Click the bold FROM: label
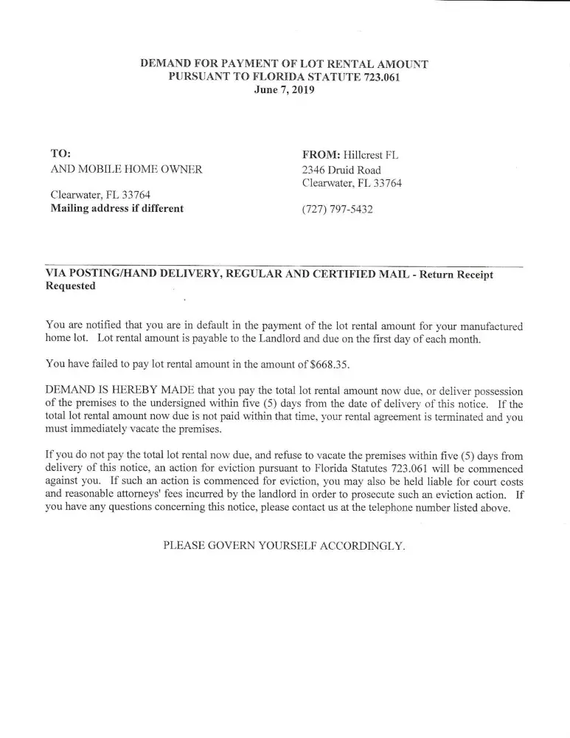pyautogui.click(x=320, y=155)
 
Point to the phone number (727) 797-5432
pyautogui.click(x=337, y=209)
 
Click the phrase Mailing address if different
pyautogui.click(x=117, y=208)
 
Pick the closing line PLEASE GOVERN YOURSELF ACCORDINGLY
pyautogui.click(x=284, y=546)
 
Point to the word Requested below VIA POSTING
pyautogui.click(x=71, y=286)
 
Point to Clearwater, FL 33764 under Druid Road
pyautogui.click(x=352, y=183)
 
